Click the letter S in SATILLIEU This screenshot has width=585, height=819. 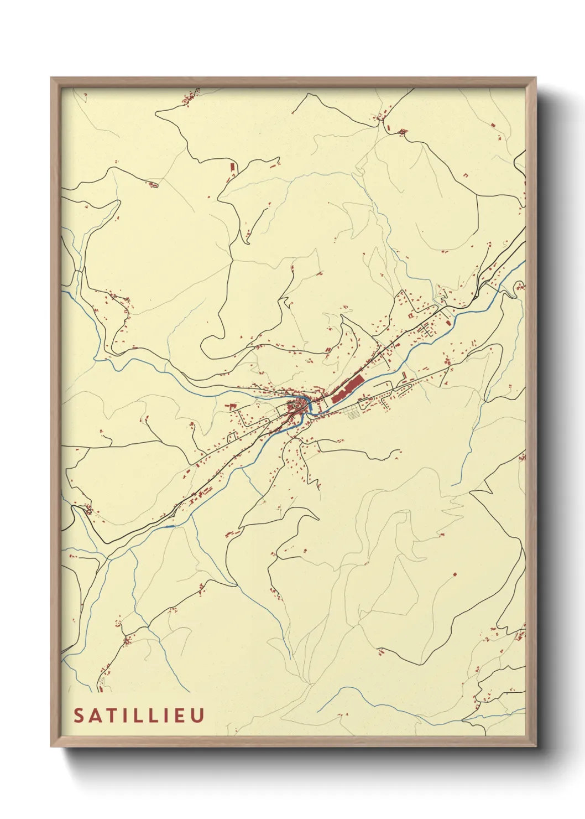[x=79, y=715]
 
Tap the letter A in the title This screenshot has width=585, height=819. [x=96, y=715]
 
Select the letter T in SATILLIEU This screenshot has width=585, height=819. [x=112, y=715]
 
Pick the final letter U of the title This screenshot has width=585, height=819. [x=197, y=715]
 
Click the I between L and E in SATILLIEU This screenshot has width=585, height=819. [x=165, y=715]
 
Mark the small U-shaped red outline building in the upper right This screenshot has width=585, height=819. [x=466, y=175]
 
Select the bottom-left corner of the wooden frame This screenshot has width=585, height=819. [x=51, y=746]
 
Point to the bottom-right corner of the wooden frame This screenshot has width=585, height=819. [x=536, y=746]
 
